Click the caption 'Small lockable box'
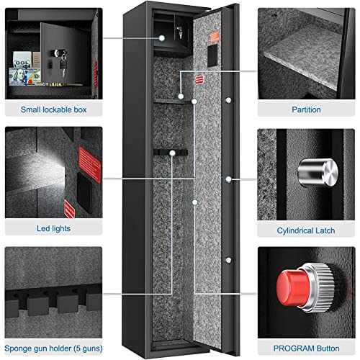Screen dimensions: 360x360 [x=53, y=109]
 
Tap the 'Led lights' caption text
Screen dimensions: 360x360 [x=53, y=228]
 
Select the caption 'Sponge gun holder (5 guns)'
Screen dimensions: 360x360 [x=53, y=346]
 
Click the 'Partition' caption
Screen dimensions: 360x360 [x=306, y=109]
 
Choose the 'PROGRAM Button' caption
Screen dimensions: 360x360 [x=306, y=346]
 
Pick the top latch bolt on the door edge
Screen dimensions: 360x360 [x=228, y=100]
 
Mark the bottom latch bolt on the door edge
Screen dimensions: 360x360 [x=228, y=260]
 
